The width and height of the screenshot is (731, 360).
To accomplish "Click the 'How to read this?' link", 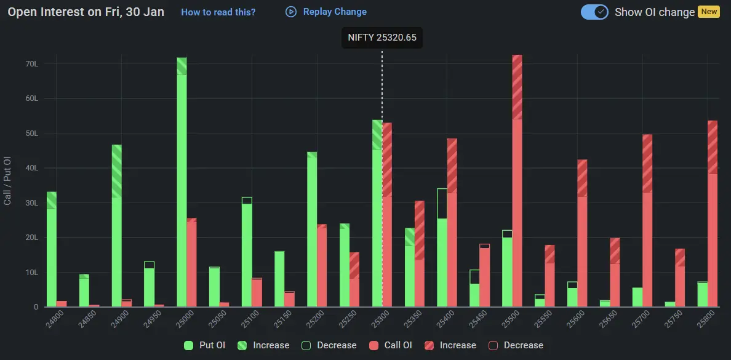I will click(x=218, y=12).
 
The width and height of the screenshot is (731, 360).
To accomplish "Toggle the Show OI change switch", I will click(x=594, y=12).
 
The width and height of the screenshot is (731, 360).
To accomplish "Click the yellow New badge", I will click(x=708, y=12).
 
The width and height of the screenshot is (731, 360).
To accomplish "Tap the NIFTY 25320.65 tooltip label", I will click(x=381, y=38).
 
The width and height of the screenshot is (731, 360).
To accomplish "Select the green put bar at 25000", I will click(x=182, y=185).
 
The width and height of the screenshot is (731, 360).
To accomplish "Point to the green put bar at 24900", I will click(x=116, y=228).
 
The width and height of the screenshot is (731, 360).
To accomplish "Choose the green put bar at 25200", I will click(x=312, y=231).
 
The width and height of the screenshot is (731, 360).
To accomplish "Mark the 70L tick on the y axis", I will click(x=32, y=64).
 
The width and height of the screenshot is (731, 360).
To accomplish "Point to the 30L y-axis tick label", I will click(x=32, y=203).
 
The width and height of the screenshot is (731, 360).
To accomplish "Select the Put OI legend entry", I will click(x=206, y=345).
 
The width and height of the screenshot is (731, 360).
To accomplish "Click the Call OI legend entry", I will click(x=391, y=345).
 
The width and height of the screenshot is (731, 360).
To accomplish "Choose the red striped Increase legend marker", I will click(x=429, y=345).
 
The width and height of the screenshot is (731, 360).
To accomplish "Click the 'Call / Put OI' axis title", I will click(x=8, y=180).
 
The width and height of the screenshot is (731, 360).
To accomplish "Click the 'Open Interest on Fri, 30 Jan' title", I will click(x=86, y=12).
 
